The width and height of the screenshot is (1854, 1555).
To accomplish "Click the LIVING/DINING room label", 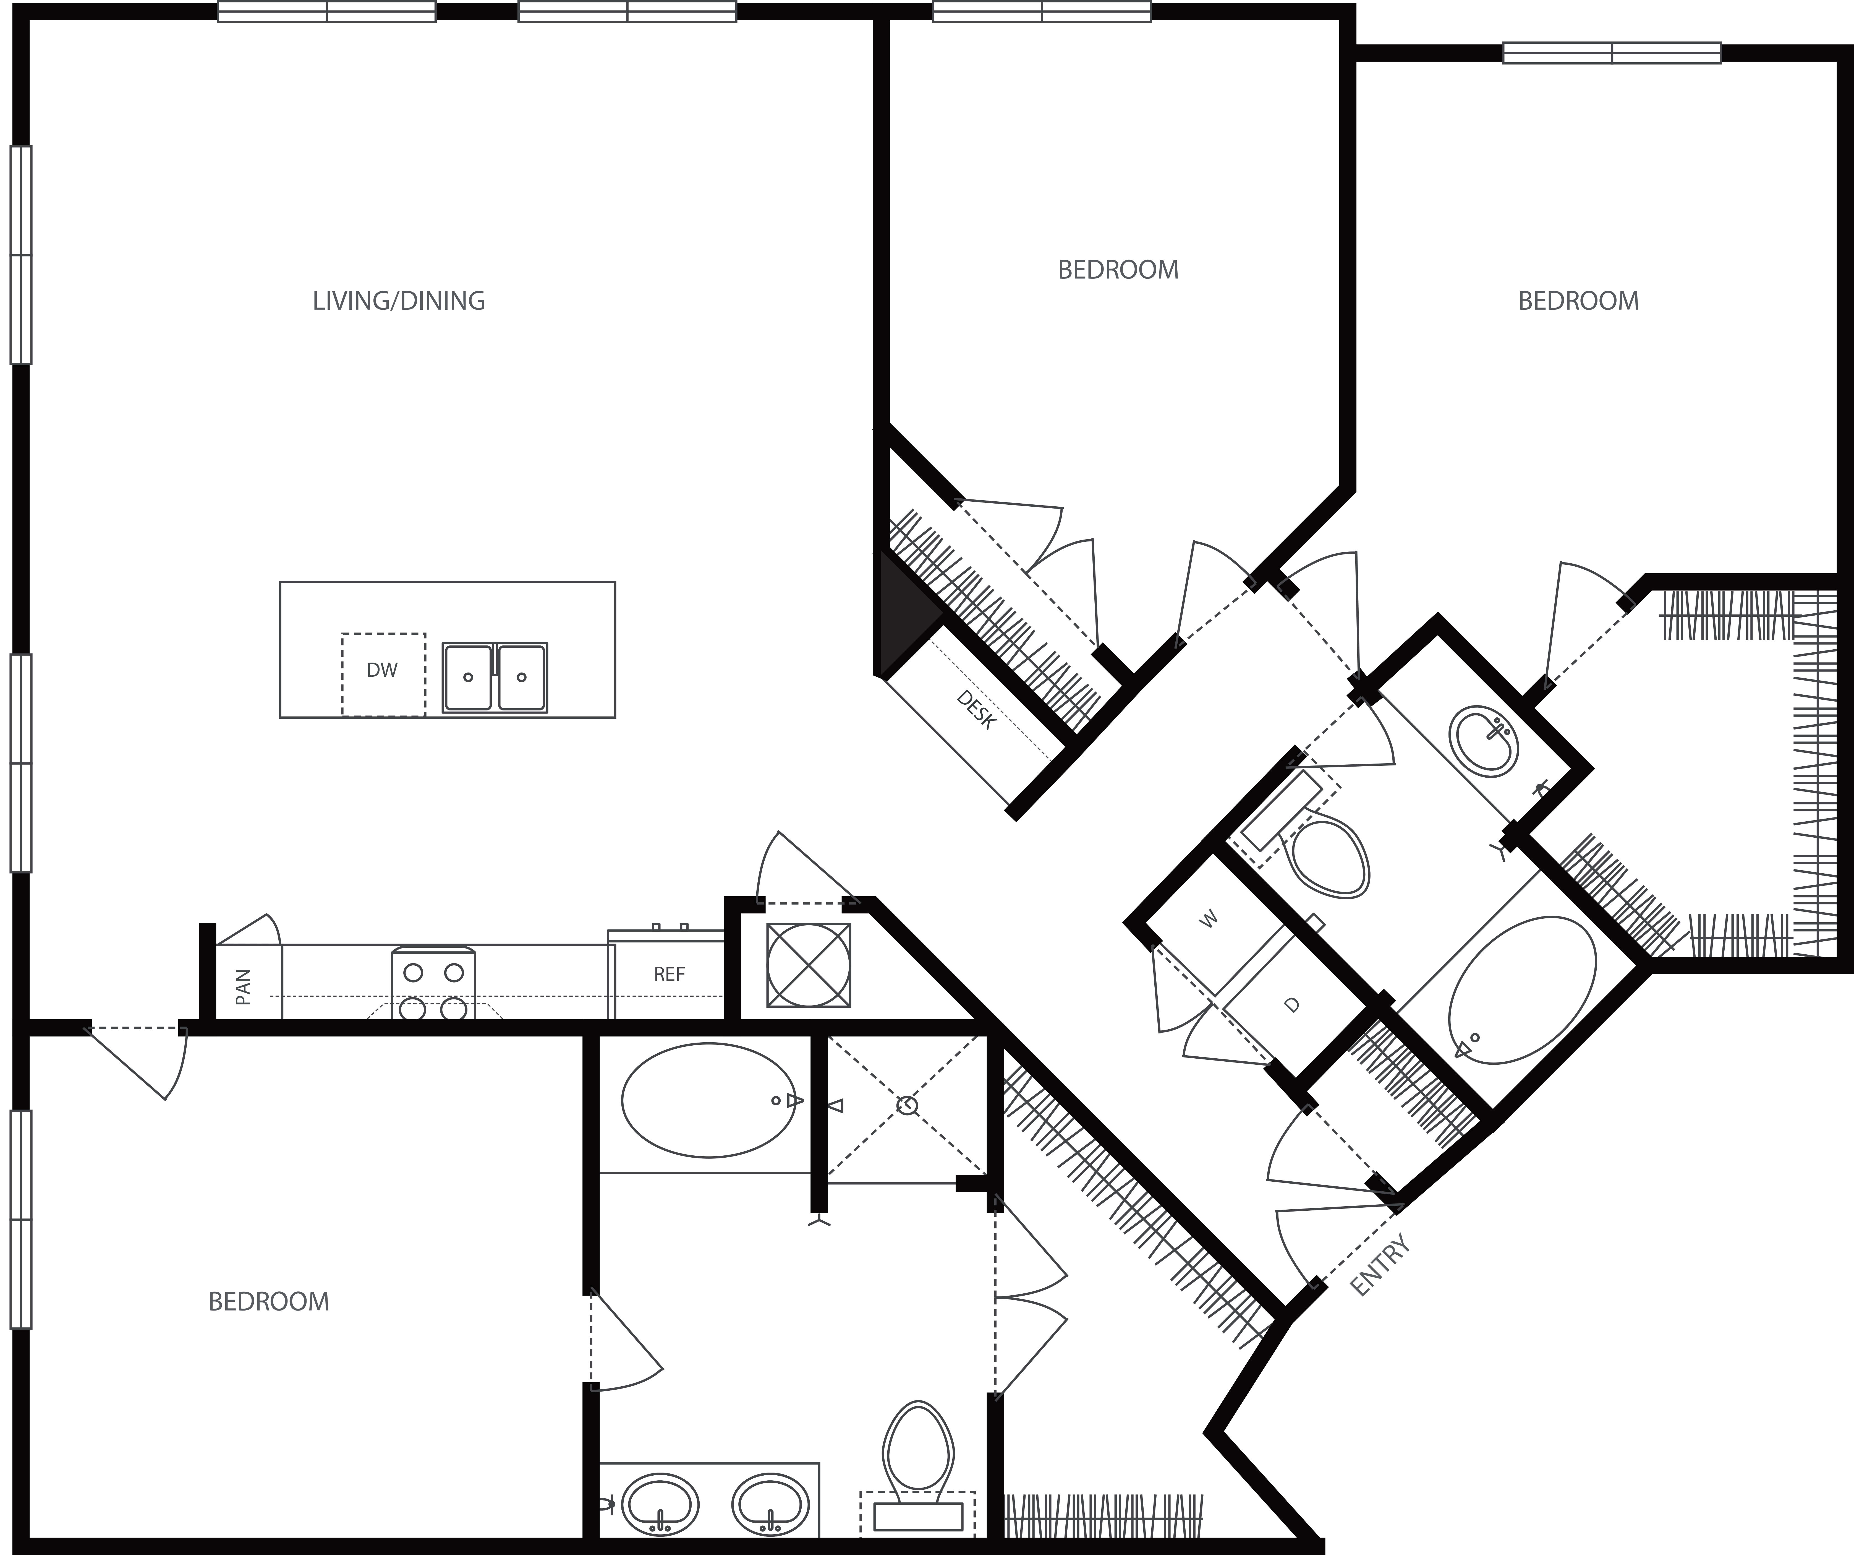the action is pyautogui.click(x=399, y=301).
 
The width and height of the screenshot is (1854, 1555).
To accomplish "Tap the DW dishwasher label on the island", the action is pyautogui.click(x=382, y=670).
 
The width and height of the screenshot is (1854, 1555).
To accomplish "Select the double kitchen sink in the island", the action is pyautogui.click(x=495, y=677).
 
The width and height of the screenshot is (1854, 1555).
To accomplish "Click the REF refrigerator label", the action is pyautogui.click(x=669, y=974).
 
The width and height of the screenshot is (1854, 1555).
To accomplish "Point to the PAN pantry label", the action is pyautogui.click(x=244, y=987).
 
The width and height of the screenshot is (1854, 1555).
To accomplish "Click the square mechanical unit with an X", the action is pyautogui.click(x=809, y=965).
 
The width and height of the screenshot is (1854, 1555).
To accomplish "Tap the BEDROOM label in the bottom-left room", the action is pyautogui.click(x=268, y=1302).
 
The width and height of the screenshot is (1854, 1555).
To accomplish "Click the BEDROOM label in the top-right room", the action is pyautogui.click(x=1579, y=301).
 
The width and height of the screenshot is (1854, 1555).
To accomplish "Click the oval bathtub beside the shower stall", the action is pyautogui.click(x=709, y=1100).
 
